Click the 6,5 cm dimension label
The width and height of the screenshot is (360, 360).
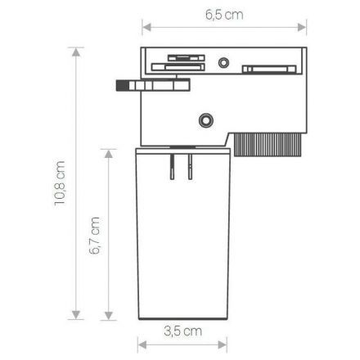pyautogui.click(x=224, y=15)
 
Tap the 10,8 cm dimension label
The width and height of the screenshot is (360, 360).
pyautogui.click(x=60, y=183)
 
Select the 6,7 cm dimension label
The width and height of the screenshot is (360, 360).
pyautogui.click(x=95, y=236)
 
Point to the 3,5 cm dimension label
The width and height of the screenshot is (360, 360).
pyautogui.click(x=183, y=331)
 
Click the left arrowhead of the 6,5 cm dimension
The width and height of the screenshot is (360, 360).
pyautogui.click(x=146, y=27)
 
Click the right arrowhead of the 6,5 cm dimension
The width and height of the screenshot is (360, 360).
pyautogui.click(x=302, y=27)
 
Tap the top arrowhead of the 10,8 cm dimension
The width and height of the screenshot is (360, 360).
pyautogui.click(x=76, y=52)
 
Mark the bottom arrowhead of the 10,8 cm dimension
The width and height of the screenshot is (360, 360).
pyautogui.click(x=76, y=315)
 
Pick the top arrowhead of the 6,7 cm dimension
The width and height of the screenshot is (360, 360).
pyautogui.click(x=109, y=154)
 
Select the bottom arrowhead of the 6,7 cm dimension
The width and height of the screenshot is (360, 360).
pyautogui.click(x=109, y=316)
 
